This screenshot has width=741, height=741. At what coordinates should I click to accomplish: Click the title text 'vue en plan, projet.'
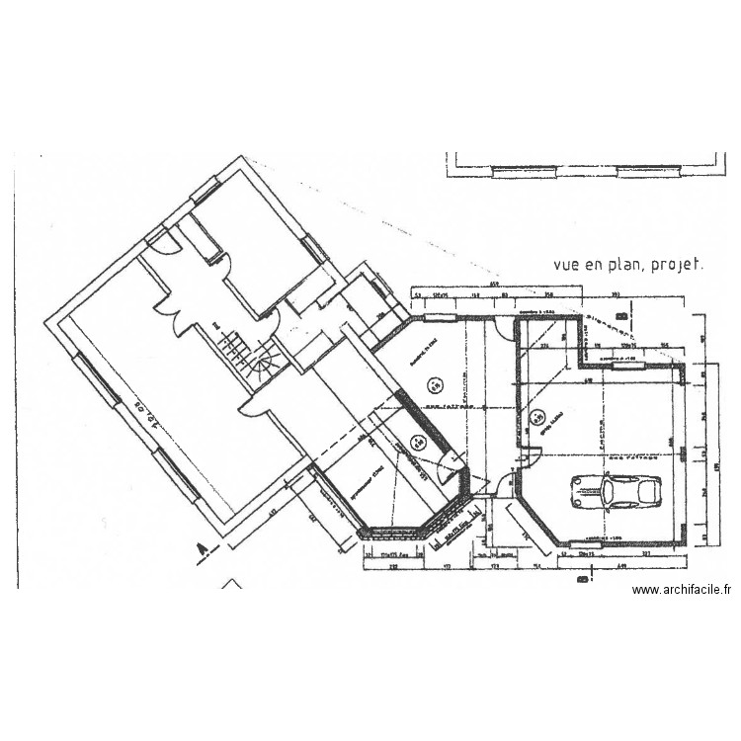[627, 265]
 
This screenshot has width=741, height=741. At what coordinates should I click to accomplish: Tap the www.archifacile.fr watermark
[681, 591]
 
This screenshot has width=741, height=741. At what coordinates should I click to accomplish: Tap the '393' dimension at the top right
[615, 295]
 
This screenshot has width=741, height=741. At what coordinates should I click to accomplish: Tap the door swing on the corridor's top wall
[503, 327]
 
